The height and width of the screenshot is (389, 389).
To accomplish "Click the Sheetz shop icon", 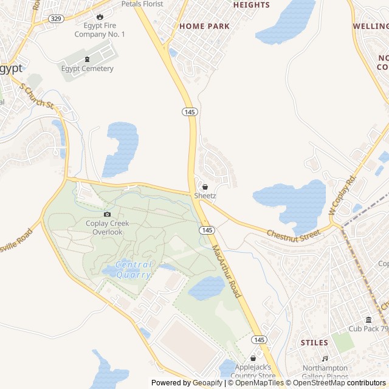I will [205, 187].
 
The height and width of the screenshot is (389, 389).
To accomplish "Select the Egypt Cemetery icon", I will [87, 59].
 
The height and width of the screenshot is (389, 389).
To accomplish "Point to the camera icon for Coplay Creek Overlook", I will [107, 214].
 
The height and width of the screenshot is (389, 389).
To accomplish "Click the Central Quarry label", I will [133, 269].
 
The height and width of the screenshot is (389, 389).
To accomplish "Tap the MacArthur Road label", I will [227, 272].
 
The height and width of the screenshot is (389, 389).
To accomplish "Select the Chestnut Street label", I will [293, 233].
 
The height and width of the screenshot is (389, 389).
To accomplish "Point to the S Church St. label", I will [38, 96].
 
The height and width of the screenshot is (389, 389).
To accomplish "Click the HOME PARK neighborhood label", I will [204, 26].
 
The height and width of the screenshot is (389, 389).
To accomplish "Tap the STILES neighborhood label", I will [314, 343].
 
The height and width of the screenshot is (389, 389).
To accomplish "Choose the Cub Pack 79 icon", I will [368, 320].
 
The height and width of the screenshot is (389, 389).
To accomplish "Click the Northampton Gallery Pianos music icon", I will [325, 359].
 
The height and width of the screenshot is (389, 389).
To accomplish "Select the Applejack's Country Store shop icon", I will [253, 359].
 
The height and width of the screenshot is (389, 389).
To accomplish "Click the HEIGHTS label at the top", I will [251, 5].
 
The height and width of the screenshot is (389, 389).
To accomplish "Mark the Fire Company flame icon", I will [100, 16].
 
